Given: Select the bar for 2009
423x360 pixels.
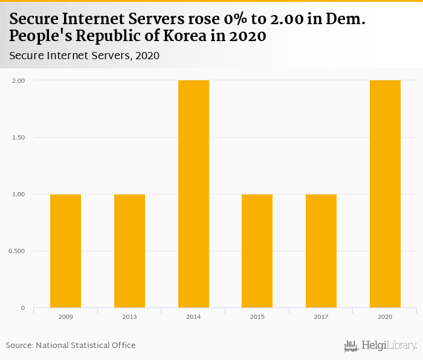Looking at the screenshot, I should pos(65,251).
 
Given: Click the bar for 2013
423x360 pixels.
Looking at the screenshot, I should pos(129,251).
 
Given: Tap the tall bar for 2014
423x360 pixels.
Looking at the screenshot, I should pos(193,193).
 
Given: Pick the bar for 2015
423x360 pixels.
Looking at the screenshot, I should pos(257,251).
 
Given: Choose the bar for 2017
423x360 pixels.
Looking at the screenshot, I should pos(321,251).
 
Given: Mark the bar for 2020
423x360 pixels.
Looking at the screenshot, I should pos(385,193).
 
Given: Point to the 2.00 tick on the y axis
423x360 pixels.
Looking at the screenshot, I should pos(18,80).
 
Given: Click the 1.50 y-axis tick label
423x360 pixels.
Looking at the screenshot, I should pos(18,137).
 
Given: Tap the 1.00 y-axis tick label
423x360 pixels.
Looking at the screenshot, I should pos(18,194).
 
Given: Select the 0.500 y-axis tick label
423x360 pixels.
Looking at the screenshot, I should pos(16,251).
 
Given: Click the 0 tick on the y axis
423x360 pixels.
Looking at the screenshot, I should pos(23,308).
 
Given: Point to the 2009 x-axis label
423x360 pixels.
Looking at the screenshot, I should pos(65,317).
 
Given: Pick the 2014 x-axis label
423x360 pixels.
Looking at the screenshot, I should pos(193,317).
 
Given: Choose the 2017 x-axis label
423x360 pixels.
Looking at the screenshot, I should pos(321,317).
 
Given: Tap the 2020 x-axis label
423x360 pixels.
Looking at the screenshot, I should pos(385,317).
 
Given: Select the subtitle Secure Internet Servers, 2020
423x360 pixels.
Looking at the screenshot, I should pos(84,56).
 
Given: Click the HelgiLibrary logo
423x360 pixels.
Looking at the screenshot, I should pos(380,346).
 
